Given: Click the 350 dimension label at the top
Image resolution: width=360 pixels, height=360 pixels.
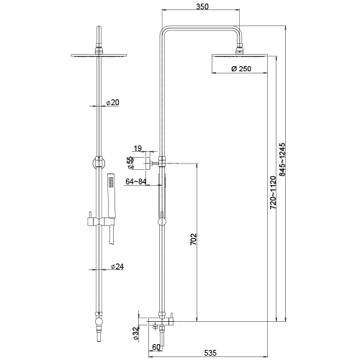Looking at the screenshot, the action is (202, 6).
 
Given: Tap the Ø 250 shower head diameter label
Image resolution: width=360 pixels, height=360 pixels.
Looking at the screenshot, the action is (241, 69).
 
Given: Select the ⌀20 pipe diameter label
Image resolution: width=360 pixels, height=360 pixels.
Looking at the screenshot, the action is (112, 102).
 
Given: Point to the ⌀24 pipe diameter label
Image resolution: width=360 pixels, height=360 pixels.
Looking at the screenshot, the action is (117, 266).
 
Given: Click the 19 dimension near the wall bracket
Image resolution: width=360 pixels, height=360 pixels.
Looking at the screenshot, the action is (138, 148).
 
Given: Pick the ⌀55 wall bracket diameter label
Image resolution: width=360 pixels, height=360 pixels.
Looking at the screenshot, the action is (130, 163).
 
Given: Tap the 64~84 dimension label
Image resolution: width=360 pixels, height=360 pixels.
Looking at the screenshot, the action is (136, 181).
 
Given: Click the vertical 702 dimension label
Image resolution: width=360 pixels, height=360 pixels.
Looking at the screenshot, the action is (194, 239).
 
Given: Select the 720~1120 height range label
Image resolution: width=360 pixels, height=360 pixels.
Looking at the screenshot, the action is (273, 192).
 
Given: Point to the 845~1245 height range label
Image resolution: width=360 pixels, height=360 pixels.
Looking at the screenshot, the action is (282, 160).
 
